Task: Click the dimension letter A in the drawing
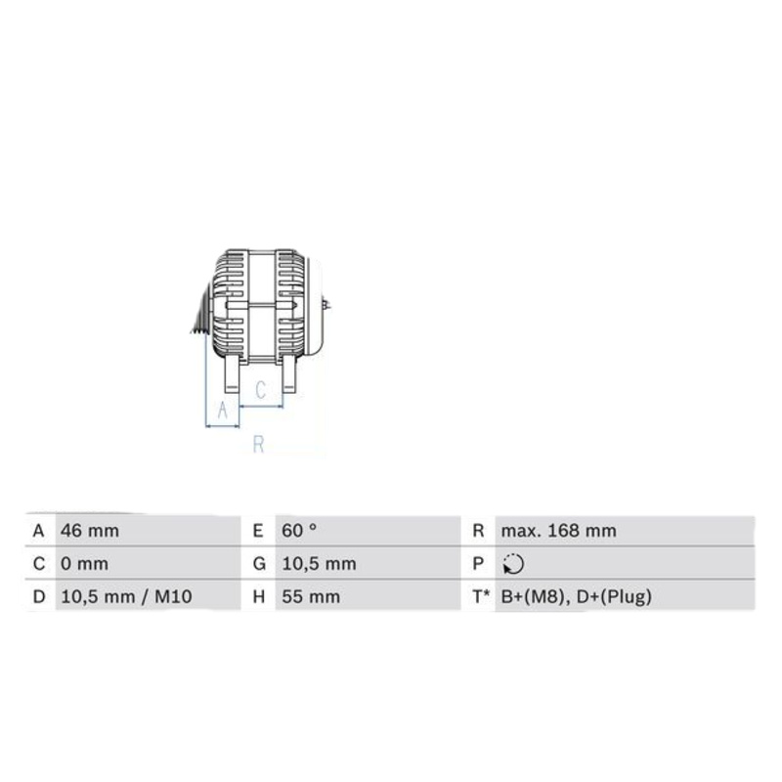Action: click(x=222, y=411)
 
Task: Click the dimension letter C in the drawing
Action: click(x=260, y=390)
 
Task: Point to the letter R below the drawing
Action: click(x=259, y=445)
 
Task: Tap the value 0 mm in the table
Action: click(x=84, y=564)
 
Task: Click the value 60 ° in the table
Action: click(x=299, y=531)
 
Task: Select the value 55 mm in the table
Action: click(x=308, y=596)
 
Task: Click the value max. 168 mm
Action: click(x=558, y=531)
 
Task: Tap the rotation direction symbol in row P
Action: click(x=511, y=564)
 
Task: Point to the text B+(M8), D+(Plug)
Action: click(x=576, y=596)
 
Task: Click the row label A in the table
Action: click(x=38, y=531)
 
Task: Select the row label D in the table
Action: click(x=38, y=596)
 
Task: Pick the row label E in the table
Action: click(x=258, y=531)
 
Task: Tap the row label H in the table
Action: click(x=258, y=596)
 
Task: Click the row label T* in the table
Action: click(x=480, y=596)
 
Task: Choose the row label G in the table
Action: click(x=258, y=564)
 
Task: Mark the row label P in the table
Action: click(x=478, y=564)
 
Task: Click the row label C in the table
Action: click(x=38, y=564)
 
